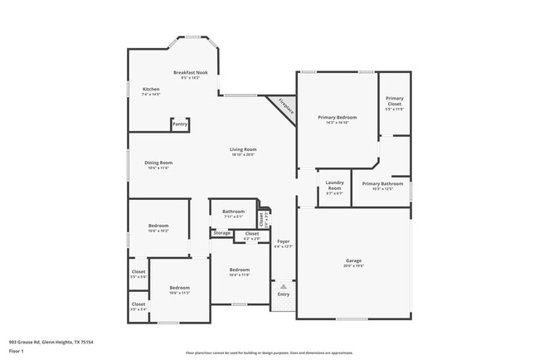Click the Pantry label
[179, 124]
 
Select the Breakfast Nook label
[191, 73]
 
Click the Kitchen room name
[151, 89]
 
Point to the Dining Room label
[158, 163]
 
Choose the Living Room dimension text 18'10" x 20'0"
[243, 154]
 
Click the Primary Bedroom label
[337, 117]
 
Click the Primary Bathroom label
[382, 183]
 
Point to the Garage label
[354, 260]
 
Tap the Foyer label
[284, 241]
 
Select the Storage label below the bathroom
[221, 233]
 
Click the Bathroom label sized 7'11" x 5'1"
[233, 212]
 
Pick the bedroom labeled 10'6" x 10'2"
[158, 226]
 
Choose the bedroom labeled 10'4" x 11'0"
[240, 270]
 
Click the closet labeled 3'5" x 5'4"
[138, 304]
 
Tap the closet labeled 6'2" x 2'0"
[251, 235]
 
